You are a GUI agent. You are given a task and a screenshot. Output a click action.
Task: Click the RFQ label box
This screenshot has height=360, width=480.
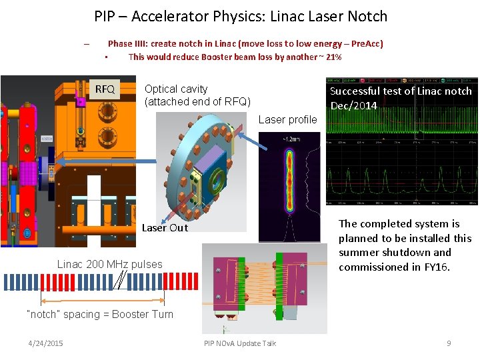(105, 89)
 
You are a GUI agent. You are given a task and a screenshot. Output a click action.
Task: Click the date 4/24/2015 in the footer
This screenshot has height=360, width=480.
(46, 343)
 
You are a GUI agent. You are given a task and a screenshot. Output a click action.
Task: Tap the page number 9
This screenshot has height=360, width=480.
(449, 343)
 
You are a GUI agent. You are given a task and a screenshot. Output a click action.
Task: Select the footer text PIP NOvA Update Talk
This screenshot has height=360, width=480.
(240, 343)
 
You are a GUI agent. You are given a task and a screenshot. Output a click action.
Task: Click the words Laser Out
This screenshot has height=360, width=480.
(165, 228)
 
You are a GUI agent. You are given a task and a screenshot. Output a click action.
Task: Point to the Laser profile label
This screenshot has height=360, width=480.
(287, 120)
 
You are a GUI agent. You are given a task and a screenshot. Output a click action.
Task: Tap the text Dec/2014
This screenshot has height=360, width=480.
(354, 106)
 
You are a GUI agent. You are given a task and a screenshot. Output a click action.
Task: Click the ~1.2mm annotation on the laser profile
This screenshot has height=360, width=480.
(291, 139)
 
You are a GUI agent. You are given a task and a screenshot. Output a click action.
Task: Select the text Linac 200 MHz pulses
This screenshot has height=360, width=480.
(109, 265)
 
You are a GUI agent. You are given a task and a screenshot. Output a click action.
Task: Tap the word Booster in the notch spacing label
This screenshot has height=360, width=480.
(130, 315)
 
